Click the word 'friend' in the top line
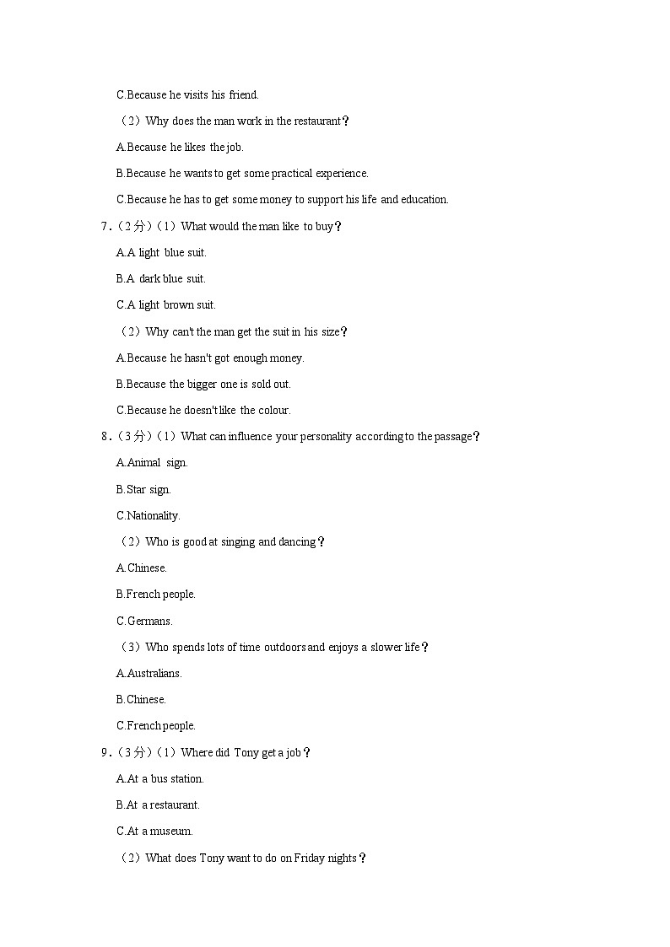[x=243, y=94]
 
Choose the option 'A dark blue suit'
[x=161, y=278]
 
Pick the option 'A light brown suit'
[x=165, y=305]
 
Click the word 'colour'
[x=273, y=411]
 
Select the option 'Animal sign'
[x=152, y=463]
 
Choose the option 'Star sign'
[x=143, y=489]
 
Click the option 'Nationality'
[x=148, y=515]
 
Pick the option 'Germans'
[x=144, y=621]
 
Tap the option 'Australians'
[x=149, y=673]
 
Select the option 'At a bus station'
[x=160, y=778]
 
